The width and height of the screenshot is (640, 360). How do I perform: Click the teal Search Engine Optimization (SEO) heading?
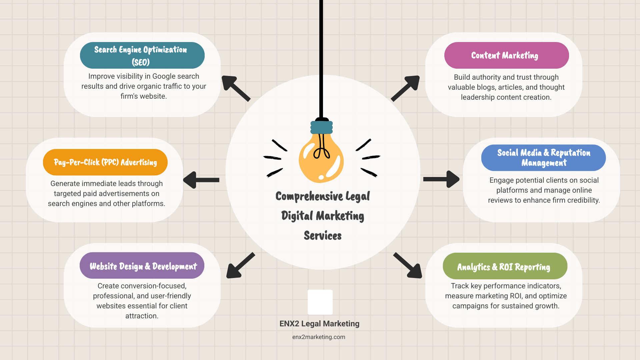coord(142,55)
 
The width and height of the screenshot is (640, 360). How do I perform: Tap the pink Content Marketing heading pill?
coord(506,55)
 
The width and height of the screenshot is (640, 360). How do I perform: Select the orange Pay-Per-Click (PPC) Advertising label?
coord(105,162)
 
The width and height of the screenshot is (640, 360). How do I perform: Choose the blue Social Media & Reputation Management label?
coord(543,158)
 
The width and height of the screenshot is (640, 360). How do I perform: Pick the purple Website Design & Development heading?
coord(142,266)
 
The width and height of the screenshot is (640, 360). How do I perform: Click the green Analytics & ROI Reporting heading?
coord(505,266)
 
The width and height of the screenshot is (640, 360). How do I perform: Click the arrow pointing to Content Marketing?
coord(406,88)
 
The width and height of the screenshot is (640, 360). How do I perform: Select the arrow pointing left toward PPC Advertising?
coord(201,180)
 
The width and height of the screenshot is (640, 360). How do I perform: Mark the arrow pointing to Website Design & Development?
coord(240,266)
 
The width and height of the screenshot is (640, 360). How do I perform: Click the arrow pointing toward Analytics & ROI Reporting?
coord(408,266)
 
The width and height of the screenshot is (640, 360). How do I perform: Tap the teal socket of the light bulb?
coord(321,127)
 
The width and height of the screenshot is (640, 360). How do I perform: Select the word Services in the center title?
coord(323,236)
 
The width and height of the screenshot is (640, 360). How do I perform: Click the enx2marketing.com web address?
coord(319,337)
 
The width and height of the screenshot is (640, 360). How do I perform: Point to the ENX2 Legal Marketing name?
coord(319,324)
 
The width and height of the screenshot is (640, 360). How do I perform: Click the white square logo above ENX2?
coord(320,302)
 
